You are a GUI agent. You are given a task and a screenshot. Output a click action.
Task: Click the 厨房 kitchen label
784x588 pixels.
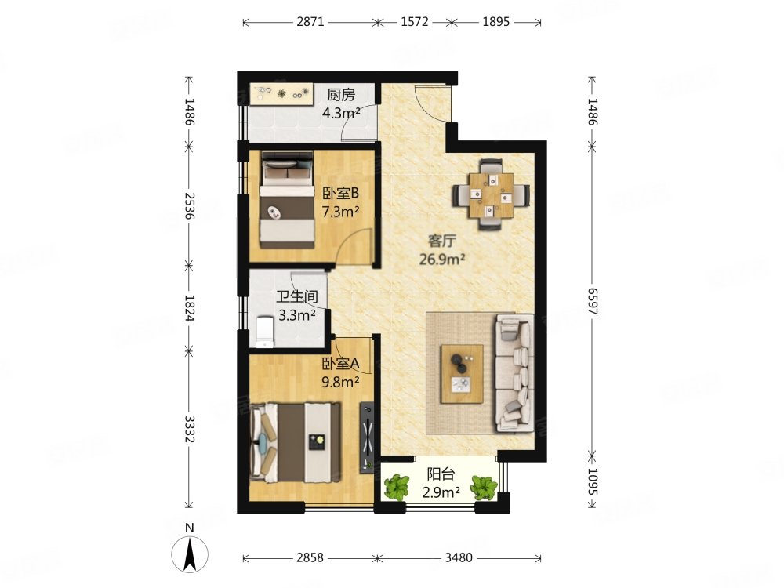341,95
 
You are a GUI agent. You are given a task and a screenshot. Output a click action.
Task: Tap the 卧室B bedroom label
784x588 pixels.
340,193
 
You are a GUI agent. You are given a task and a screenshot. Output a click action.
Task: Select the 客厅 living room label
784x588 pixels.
442,241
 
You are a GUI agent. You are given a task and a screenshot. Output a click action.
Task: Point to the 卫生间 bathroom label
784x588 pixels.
297,296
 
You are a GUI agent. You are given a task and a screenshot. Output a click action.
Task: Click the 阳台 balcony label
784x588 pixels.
441,474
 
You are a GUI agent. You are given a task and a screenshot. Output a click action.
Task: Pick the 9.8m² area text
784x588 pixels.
340,383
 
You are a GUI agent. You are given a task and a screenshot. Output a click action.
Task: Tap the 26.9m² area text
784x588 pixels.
442,260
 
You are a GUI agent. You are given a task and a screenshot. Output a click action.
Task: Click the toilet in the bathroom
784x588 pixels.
265,331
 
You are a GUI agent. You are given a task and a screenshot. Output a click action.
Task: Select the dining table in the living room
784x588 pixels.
491,194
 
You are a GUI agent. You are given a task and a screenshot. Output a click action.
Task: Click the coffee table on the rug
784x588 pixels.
462,373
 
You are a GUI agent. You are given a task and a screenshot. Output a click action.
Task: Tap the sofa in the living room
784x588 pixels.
514,372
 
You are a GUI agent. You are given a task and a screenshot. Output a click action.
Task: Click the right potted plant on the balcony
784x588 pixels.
484,488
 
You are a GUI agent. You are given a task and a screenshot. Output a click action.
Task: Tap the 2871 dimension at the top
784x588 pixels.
310,22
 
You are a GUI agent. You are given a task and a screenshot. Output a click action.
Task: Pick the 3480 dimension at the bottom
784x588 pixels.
459,557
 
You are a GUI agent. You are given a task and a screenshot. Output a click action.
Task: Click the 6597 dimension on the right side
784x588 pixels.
592,301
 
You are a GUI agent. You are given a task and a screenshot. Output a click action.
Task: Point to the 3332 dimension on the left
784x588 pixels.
189,429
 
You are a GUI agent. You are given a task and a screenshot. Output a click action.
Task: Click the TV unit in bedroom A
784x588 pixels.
368,437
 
